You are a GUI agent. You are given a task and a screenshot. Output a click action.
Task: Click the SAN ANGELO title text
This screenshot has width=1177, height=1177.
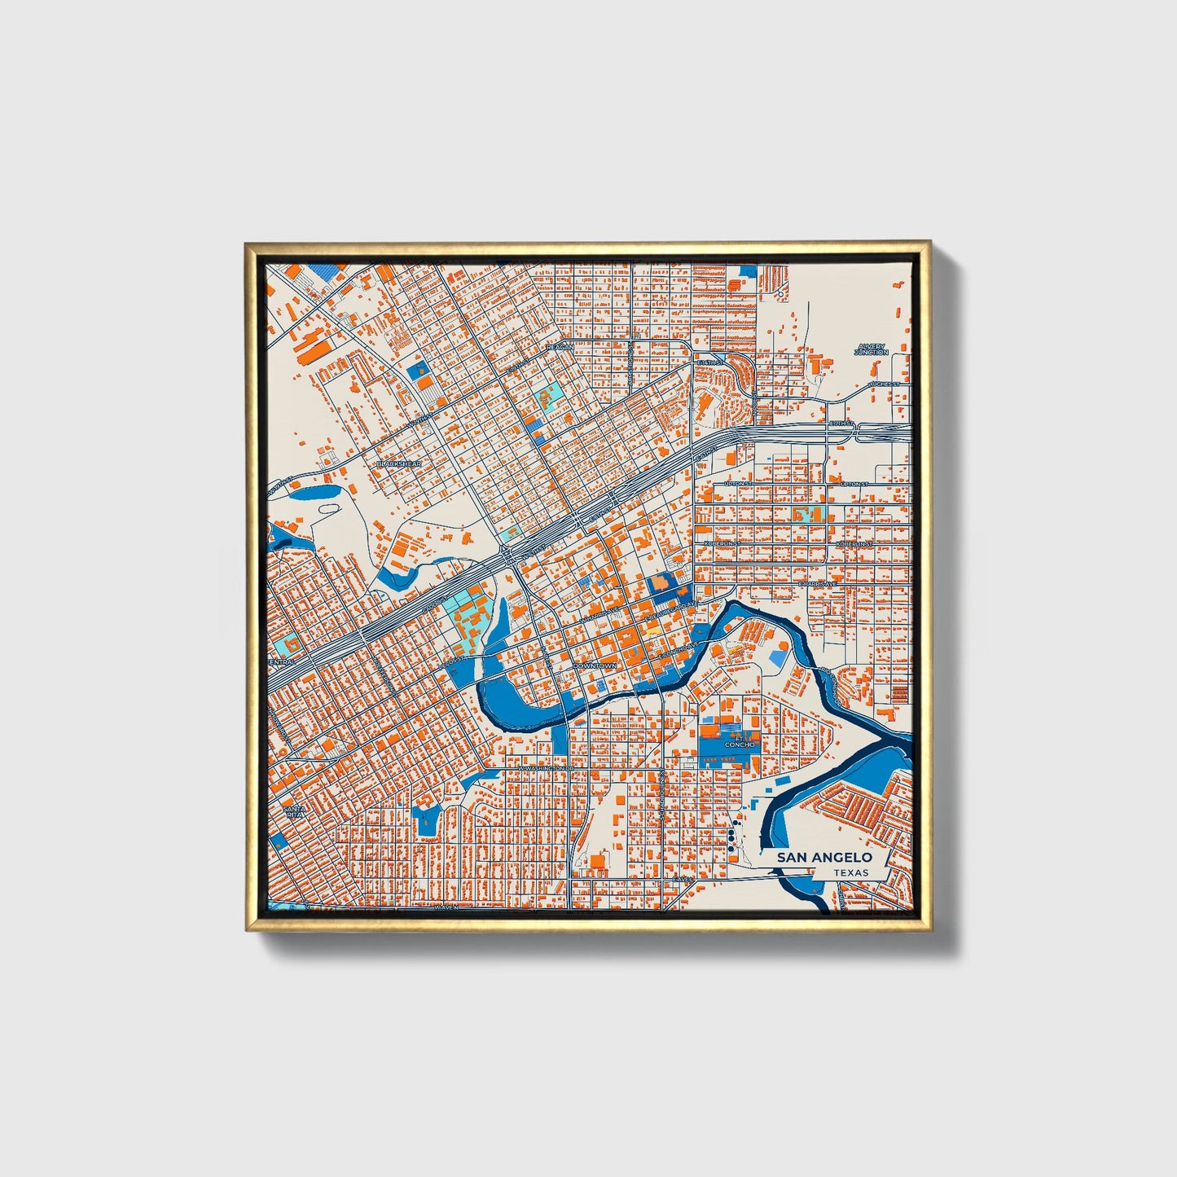pyautogui.click(x=823, y=857)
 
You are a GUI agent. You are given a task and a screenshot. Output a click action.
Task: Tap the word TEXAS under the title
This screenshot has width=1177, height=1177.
pyautogui.click(x=850, y=873)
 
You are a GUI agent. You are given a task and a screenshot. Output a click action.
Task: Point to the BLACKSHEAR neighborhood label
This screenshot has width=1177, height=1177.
pyautogui.click(x=398, y=463)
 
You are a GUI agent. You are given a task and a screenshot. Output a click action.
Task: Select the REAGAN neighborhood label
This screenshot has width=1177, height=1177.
pyautogui.click(x=560, y=347)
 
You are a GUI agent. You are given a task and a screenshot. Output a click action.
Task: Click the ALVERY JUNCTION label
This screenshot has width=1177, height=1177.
pyautogui.click(x=871, y=349)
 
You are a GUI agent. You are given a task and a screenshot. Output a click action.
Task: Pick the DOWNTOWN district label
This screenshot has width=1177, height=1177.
pyautogui.click(x=595, y=665)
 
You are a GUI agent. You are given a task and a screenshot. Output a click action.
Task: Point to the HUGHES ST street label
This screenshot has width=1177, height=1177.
pyautogui.click(x=884, y=384)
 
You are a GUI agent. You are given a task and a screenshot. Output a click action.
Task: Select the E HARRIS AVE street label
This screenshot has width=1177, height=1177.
pyautogui.click(x=818, y=584)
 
